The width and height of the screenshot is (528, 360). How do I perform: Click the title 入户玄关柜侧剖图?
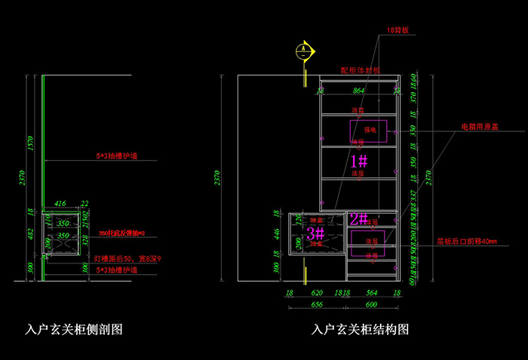pyautogui.click(x=74, y=329)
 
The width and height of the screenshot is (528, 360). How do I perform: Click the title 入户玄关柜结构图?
pyautogui.click(x=361, y=330)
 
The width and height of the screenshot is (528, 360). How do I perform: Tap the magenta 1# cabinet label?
pyautogui.click(x=358, y=160)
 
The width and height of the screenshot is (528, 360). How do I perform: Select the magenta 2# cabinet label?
pyautogui.click(x=358, y=220)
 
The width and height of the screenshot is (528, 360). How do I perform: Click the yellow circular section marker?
pyautogui.click(x=303, y=52)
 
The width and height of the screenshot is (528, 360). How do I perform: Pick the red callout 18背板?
pyautogui.click(x=397, y=31)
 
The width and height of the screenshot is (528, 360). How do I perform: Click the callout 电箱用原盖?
pyautogui.click(x=480, y=128)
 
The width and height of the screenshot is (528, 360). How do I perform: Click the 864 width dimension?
pyautogui.click(x=358, y=91)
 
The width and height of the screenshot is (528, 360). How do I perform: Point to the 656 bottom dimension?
pyautogui.click(x=317, y=304)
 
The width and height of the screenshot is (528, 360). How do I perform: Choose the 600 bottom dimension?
pyautogui.click(x=371, y=304)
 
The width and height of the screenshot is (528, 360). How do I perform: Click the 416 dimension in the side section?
pyautogui.click(x=60, y=203)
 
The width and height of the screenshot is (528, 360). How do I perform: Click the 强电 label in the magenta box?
pyautogui.click(x=369, y=129)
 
